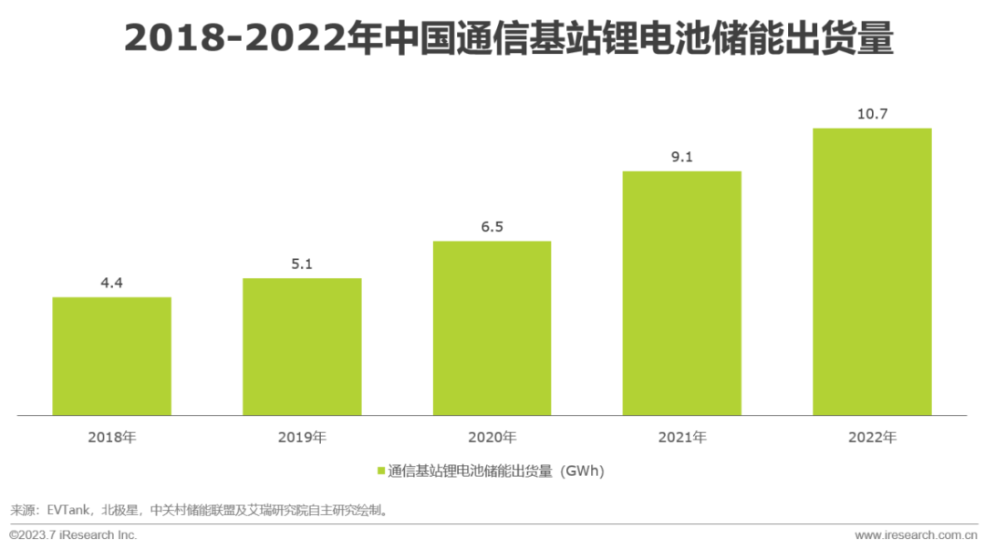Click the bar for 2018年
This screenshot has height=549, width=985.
pos(111,357)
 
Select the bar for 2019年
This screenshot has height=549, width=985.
pos(302,347)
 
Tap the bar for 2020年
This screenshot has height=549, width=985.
pos(492,328)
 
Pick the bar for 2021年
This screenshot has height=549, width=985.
pos(682,294)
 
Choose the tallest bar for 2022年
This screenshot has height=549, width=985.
pos(872,272)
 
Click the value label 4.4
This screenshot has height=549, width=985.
pos(111,283)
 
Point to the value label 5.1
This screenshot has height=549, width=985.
pos(302,264)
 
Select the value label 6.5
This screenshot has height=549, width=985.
pos(492,227)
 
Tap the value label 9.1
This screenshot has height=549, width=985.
pos(682,157)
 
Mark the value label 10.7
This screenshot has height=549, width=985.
pos(872,114)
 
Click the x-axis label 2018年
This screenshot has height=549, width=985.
pos(111,438)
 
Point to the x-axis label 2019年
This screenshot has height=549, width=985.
pos(302,438)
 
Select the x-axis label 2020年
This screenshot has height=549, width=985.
pos(492,438)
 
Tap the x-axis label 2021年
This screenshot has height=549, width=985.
pos(682,438)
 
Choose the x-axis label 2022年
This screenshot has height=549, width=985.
pos(872,438)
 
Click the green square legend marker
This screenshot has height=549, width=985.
pos(382,471)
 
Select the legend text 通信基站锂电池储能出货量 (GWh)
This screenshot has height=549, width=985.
pos(496,471)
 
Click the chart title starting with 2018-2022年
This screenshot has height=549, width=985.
pos(508,39)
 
